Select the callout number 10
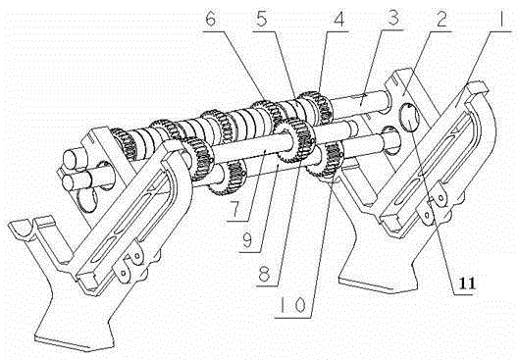click(292, 305)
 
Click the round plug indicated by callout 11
click(409, 117)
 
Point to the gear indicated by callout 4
click(316, 107)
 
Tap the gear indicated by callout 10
click(326, 161)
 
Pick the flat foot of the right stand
click(378, 283)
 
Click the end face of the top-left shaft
click(72, 159)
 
